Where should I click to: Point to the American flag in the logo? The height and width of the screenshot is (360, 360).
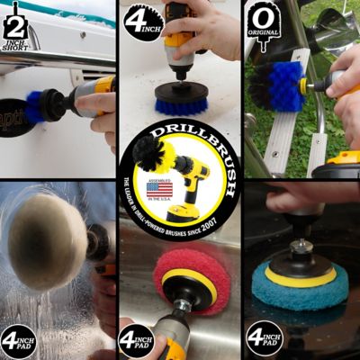click(158, 190)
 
